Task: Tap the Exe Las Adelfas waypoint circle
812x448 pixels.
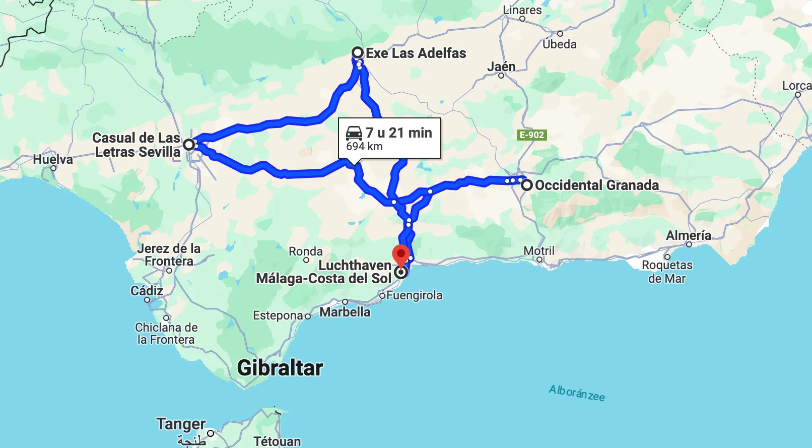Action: click(x=358, y=53)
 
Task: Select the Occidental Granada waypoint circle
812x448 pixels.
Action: click(x=526, y=185)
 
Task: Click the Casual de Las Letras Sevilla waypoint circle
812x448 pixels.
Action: click(x=188, y=145)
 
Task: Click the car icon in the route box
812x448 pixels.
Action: click(x=354, y=133)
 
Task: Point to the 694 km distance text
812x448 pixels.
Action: click(x=364, y=147)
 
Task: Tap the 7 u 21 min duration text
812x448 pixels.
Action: click(x=398, y=133)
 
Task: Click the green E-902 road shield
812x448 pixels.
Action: click(x=532, y=135)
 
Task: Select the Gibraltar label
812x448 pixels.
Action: click(x=280, y=368)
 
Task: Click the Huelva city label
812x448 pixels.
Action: click(x=53, y=160)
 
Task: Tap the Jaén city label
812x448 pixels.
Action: click(x=501, y=67)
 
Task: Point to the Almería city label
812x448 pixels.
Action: click(x=688, y=235)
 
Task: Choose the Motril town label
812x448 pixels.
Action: click(x=539, y=251)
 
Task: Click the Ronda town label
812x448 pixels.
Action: click(x=306, y=251)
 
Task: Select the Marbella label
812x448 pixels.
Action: click(x=345, y=312)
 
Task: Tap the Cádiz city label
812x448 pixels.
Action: click(x=147, y=291)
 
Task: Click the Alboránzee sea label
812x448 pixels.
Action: click(x=577, y=393)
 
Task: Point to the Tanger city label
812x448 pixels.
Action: click(x=181, y=424)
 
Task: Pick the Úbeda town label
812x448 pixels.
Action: click(x=560, y=44)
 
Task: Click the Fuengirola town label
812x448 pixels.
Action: click(x=414, y=295)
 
